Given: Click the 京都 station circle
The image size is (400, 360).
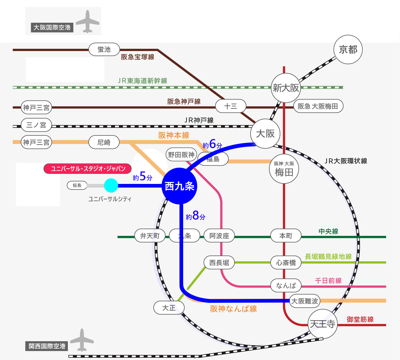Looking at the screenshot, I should (x=348, y=50).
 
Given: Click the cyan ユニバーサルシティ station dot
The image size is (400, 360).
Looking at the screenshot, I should (x=111, y=185).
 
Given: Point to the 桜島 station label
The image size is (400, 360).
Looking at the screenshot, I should (x=77, y=185).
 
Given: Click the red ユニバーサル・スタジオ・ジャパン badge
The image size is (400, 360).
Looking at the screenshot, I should (x=88, y=169).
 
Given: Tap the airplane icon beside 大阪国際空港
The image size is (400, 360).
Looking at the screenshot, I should (x=88, y=22).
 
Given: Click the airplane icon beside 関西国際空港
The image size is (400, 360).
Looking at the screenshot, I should (x=82, y=340).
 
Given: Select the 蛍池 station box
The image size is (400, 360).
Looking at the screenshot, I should (x=104, y=50).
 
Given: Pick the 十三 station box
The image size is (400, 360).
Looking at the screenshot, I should (x=231, y=107).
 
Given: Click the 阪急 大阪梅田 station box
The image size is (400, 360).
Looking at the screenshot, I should (x=318, y=106).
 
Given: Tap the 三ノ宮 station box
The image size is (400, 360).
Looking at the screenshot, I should (x=36, y=125).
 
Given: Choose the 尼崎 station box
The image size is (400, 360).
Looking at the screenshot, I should (x=104, y=142).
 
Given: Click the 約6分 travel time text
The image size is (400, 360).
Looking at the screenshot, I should (x=212, y=144).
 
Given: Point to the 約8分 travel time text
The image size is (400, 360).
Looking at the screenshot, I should (x=196, y=216).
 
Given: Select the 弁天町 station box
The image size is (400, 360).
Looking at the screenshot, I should (x=150, y=236).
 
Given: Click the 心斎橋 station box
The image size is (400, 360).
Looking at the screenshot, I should (x=286, y=263).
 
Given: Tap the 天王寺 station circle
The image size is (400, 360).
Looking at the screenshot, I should (x=322, y=324).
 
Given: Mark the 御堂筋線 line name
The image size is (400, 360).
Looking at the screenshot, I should (x=360, y=319).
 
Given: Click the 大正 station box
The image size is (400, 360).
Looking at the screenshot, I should (x=169, y=308).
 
